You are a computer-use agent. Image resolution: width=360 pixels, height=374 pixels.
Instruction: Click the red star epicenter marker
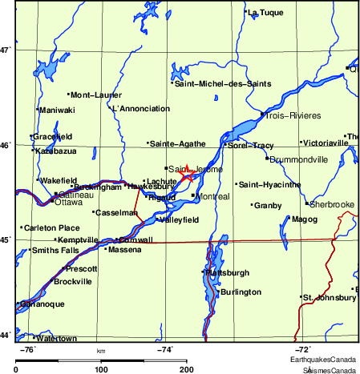[186, 173]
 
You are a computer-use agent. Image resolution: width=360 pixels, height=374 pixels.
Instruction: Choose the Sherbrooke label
[332, 204]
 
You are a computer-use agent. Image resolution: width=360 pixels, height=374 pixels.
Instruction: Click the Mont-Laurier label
[96, 95]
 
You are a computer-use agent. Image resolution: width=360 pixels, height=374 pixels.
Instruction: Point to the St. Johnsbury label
[329, 297]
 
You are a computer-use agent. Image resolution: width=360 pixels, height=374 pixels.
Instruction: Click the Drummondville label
[298, 159]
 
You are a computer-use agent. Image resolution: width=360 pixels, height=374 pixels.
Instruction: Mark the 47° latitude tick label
[6, 50]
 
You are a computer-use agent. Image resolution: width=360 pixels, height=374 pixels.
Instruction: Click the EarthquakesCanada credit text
[330, 360]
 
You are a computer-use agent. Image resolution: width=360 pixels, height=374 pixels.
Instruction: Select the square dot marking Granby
[253, 206]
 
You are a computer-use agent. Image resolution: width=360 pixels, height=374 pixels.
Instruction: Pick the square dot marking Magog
[289, 218]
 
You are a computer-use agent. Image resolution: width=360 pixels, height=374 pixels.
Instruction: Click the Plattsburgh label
[227, 272]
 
